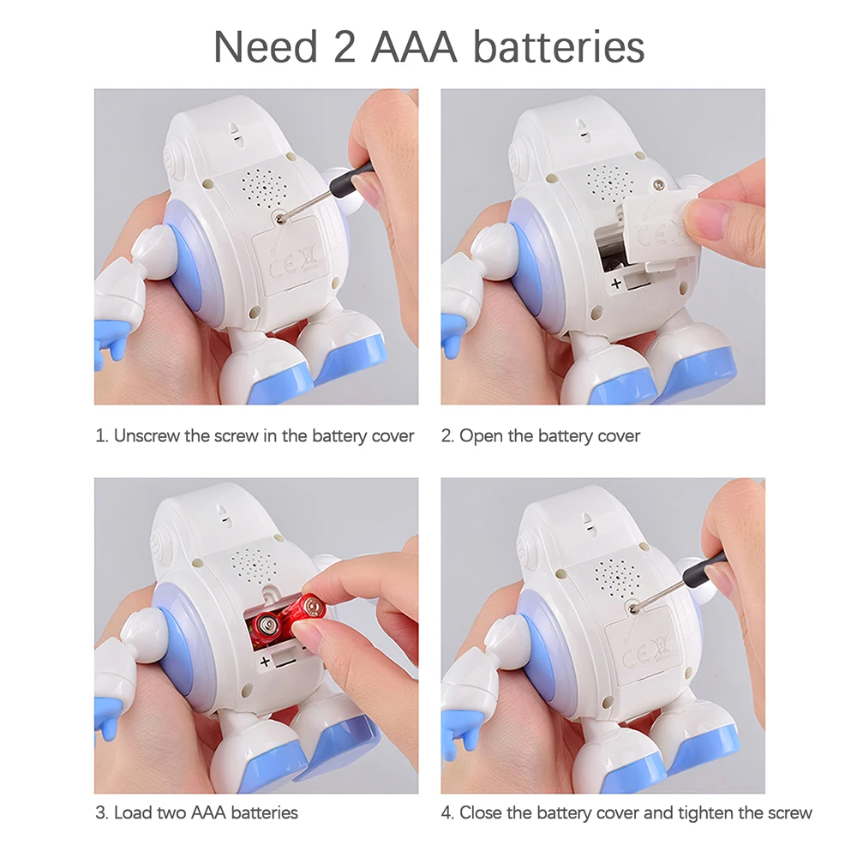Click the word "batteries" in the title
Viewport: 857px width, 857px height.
tap(559, 46)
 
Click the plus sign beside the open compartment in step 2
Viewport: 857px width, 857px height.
tap(616, 283)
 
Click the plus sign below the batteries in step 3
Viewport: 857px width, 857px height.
tap(265, 662)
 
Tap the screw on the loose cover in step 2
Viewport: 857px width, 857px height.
tap(658, 186)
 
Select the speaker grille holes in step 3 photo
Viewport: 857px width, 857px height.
tap(254, 565)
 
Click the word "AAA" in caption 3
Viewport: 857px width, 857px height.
tap(208, 812)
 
